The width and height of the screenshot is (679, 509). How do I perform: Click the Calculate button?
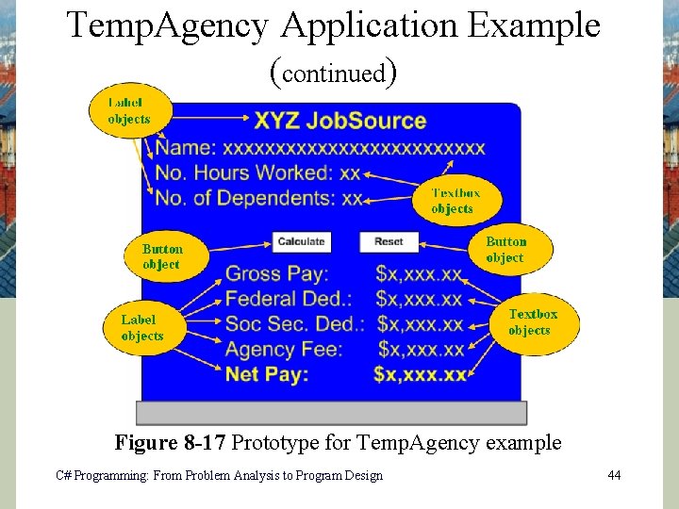pyautogui.click(x=301, y=241)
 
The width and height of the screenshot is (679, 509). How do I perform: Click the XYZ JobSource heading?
pyautogui.click(x=339, y=121)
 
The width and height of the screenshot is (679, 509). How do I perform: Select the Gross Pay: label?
pyautogui.click(x=276, y=274)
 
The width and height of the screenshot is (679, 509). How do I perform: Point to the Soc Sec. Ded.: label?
pyautogui.click(x=294, y=324)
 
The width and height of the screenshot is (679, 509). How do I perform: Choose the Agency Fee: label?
pyautogui.click(x=284, y=349)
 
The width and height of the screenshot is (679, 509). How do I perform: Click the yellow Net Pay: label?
pyautogui.click(x=267, y=374)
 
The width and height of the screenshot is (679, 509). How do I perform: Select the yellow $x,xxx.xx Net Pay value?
pyautogui.click(x=421, y=374)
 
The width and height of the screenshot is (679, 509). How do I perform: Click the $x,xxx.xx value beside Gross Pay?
pyautogui.click(x=420, y=274)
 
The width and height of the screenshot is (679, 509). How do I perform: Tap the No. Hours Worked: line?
pyautogui.click(x=257, y=173)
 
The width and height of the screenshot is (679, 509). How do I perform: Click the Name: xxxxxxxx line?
pyautogui.click(x=321, y=148)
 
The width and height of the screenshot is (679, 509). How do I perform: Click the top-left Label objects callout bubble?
pyautogui.click(x=129, y=110)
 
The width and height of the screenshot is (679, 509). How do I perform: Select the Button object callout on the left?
pyautogui.click(x=163, y=256)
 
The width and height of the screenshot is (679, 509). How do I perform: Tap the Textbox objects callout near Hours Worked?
pyautogui.click(x=455, y=200)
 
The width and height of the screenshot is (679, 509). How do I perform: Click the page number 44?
pyautogui.click(x=614, y=475)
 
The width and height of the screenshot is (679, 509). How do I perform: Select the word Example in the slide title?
pyautogui.click(x=534, y=25)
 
